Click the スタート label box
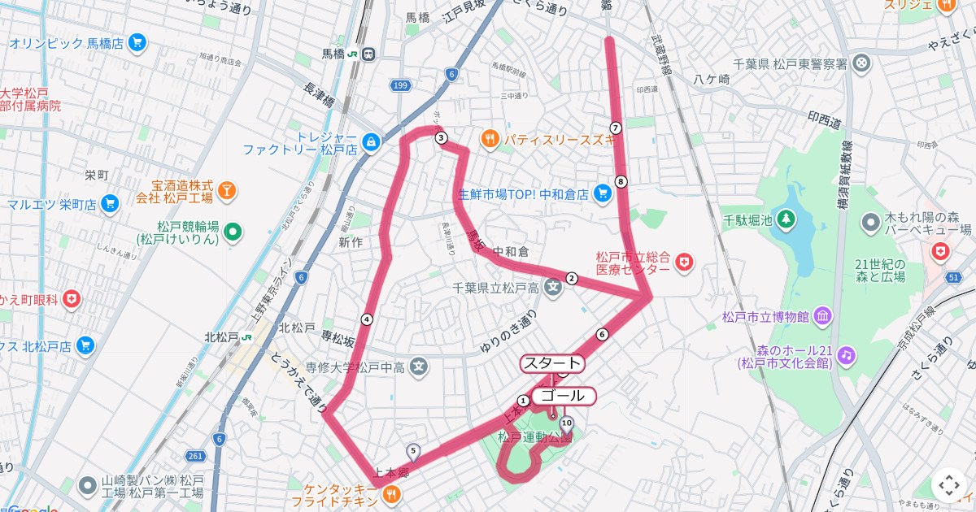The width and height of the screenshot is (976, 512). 552,363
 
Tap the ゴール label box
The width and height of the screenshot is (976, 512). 563,396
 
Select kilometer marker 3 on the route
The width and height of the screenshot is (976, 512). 441,137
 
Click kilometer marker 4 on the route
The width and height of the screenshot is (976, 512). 367,319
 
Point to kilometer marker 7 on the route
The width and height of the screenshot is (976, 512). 616,128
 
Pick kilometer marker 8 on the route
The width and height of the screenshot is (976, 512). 621,181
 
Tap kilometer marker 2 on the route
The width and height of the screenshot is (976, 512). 572,279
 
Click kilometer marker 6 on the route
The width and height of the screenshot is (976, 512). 603,334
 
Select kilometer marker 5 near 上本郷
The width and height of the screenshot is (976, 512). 413,450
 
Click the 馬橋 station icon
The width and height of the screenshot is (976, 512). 368,54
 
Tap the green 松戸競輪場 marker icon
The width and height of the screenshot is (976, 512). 233,232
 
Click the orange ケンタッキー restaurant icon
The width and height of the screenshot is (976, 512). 391,492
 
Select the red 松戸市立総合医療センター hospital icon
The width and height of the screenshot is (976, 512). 686,261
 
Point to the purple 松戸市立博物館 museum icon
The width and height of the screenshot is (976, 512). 822,315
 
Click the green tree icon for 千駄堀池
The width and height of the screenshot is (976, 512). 786,219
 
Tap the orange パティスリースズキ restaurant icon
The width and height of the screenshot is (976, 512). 489,139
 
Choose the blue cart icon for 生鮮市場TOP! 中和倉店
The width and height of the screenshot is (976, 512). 603,193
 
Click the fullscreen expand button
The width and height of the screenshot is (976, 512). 949,485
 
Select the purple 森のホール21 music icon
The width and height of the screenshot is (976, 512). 847,355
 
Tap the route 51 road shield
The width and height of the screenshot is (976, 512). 953,278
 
